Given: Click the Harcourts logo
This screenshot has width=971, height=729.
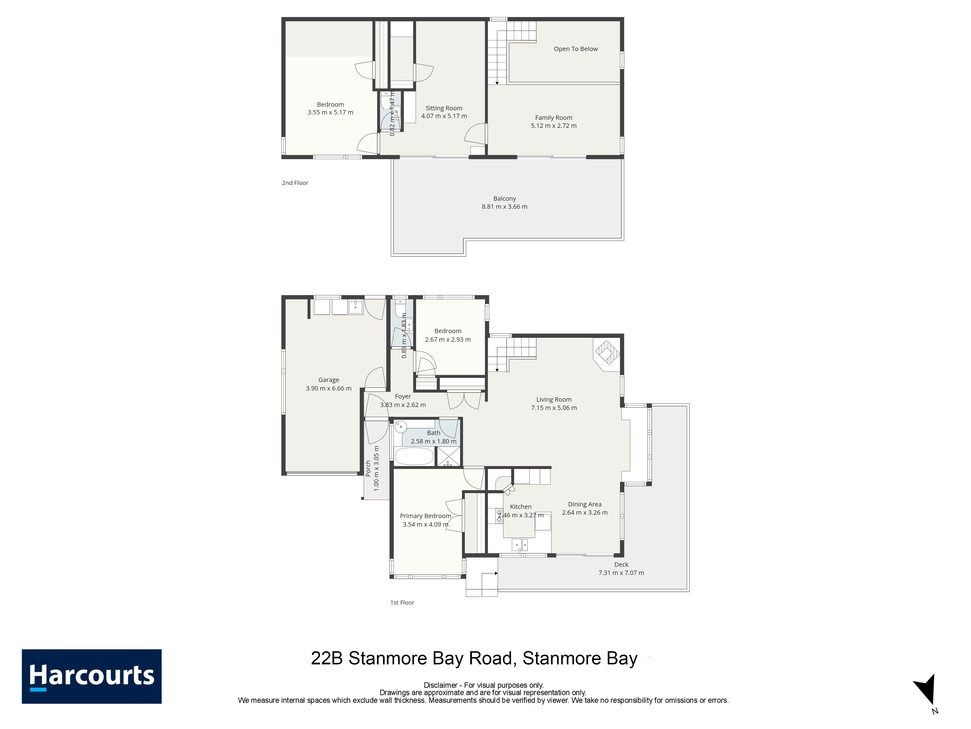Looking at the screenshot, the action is (x=92, y=676).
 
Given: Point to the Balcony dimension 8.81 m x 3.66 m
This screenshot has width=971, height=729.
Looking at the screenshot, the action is (x=504, y=207).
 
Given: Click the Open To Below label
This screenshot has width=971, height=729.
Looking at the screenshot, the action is (x=576, y=49).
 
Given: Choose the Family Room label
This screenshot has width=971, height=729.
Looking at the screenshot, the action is (x=553, y=118).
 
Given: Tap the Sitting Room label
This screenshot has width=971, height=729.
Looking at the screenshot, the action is (x=444, y=108).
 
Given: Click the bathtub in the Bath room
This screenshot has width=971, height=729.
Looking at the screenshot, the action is (x=414, y=456).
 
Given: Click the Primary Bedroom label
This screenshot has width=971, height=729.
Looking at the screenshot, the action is (x=425, y=516).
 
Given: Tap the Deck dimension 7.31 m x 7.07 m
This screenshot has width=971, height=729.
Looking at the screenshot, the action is (x=621, y=573).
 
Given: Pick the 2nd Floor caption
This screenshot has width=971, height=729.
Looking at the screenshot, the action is (x=295, y=183).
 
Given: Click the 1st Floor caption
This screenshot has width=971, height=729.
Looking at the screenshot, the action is (x=402, y=602).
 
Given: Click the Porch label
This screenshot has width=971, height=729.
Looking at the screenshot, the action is (x=368, y=469).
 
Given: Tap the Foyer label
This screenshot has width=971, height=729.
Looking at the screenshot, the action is (x=403, y=396).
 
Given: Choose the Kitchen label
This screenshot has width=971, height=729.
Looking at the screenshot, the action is (x=521, y=507).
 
